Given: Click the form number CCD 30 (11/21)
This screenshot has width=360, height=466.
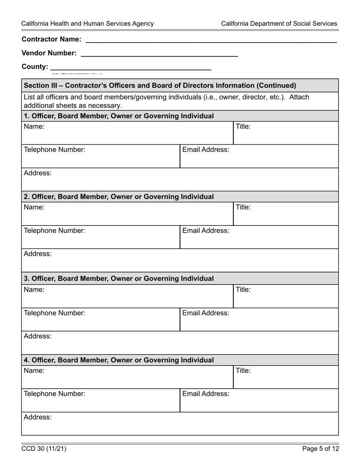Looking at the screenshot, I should (44, 449).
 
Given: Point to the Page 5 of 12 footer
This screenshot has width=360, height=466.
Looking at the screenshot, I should (320, 449).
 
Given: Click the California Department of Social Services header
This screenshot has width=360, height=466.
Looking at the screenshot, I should (279, 23).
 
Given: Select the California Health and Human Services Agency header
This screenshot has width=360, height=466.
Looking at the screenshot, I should (88, 23).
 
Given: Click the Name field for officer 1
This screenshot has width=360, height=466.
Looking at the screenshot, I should (127, 133).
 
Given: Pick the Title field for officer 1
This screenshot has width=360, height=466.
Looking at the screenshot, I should (286, 133).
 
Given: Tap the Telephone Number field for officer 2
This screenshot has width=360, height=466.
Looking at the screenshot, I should (100, 237).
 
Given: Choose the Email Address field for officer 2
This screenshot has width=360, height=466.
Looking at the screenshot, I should (259, 237).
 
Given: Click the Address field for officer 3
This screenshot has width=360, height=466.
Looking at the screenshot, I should (180, 343).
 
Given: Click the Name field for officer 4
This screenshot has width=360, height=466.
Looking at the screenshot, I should (127, 377).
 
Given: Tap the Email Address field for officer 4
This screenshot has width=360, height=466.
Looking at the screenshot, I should (259, 400).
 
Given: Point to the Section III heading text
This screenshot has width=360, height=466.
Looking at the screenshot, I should (160, 86).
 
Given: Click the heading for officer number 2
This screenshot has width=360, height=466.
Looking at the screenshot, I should (119, 197).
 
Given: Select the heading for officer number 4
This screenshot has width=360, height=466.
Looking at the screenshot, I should (119, 360).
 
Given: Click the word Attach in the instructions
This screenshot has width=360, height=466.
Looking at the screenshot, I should (299, 97).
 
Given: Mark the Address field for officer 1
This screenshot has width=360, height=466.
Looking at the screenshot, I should (180, 180).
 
